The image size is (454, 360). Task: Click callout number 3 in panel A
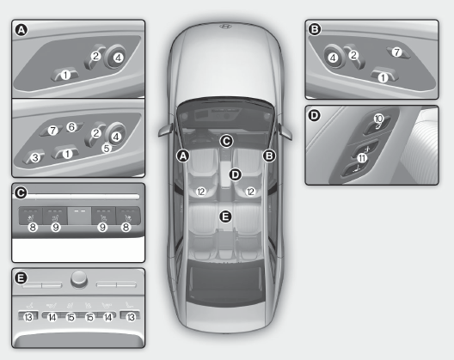[x=35, y=157]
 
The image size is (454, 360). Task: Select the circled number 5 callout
[x=107, y=148]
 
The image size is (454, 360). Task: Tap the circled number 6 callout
[x=71, y=126]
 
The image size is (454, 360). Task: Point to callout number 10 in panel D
[x=378, y=119]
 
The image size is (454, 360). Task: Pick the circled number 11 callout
[x=362, y=158]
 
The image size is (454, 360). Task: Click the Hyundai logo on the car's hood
[x=225, y=27]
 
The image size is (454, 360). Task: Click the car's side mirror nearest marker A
[x=166, y=130]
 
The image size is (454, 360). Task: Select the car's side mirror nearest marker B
[x=285, y=131]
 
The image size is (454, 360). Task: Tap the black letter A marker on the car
[x=183, y=156]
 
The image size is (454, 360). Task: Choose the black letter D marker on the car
[x=235, y=174]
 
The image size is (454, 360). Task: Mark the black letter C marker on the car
[x=226, y=141]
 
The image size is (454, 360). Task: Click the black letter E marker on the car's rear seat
[x=225, y=217]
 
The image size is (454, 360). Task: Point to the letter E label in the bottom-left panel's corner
[x=21, y=278]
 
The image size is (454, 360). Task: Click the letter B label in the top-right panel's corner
[x=315, y=29]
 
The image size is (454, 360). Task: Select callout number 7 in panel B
[x=396, y=52]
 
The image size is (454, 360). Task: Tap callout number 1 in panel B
[x=383, y=77]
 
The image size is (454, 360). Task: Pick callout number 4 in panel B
[x=333, y=58]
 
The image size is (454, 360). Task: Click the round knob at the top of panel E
[x=79, y=278]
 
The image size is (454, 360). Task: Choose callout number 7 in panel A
[x=52, y=131]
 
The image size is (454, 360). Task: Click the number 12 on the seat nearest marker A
[x=200, y=192]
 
